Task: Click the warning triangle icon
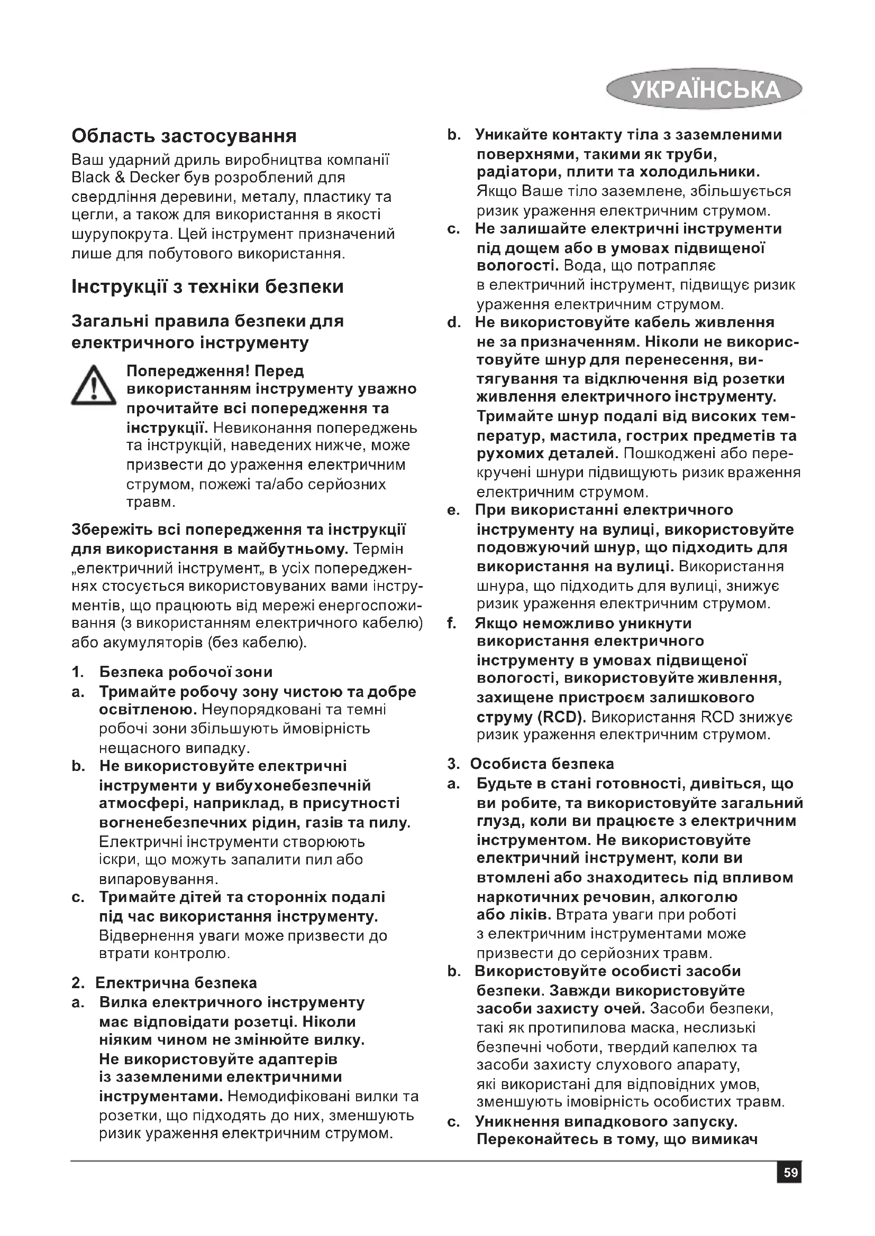pos(93,386)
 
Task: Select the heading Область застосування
pos(184,136)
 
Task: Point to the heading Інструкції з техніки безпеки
pos(207,286)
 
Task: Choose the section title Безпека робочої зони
pos(186,672)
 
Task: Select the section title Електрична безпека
pos(176,983)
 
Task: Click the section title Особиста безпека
pos(542,764)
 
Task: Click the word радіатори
pos(515,172)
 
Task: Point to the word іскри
pos(112,860)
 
